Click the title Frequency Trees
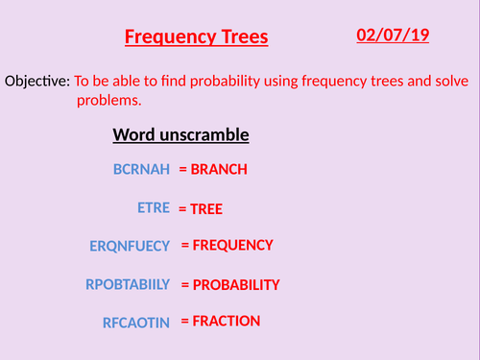click(x=197, y=38)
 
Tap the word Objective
click(x=36, y=83)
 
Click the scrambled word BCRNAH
click(x=141, y=170)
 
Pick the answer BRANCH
click(x=219, y=170)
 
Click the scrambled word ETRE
click(x=154, y=207)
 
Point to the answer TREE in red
click(x=212, y=207)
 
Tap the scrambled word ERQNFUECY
click(x=130, y=246)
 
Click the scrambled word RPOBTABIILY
click(x=128, y=284)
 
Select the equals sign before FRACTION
click(x=185, y=321)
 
